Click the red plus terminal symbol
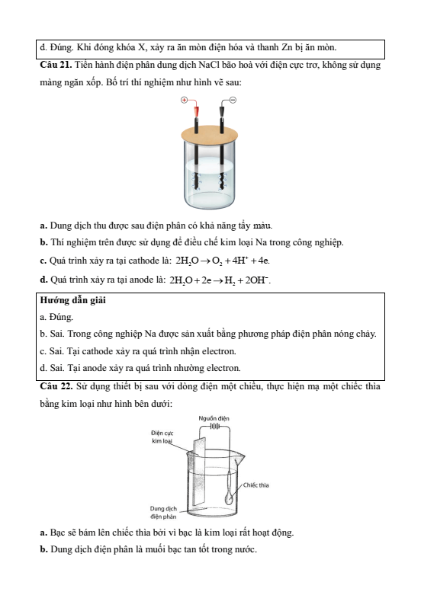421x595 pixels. [x=184, y=100]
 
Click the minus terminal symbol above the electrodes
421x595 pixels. [x=233, y=100]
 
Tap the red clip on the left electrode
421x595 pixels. [x=197, y=111]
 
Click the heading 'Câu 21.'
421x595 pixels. [x=56, y=65]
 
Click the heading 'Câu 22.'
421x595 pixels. [x=56, y=386]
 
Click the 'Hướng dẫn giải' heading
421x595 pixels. [x=73, y=300]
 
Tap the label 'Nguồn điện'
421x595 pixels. [x=214, y=418]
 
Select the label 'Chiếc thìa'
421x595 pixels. [x=256, y=485]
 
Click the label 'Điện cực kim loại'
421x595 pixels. [x=162, y=437]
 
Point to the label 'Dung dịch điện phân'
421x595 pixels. [x=163, y=512]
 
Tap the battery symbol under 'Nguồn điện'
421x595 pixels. [x=214, y=426]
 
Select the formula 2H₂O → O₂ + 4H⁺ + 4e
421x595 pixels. [x=223, y=261]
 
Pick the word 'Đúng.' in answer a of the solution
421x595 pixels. [x=62, y=317]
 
